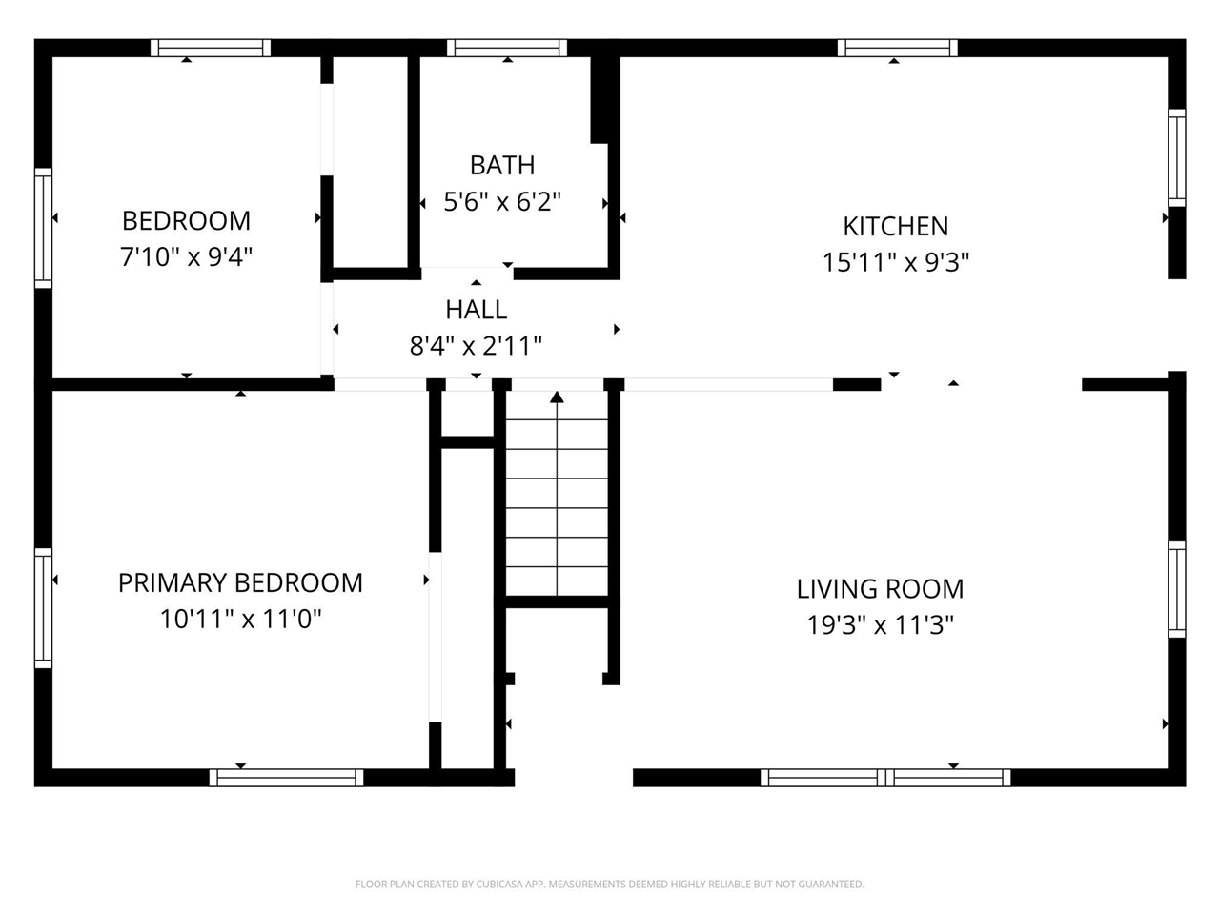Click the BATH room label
[502, 165]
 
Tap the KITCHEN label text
[895, 226]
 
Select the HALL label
[477, 310]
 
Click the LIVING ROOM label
[880, 589]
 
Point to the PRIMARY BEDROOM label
[240, 582]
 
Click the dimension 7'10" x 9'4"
[186, 256]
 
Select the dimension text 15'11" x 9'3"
[895, 262]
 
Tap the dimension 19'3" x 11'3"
[880, 625]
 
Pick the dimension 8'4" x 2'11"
[476, 346]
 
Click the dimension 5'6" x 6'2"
[502, 201]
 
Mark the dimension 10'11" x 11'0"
[241, 619]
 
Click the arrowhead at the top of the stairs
[557, 396]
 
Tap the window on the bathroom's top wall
[507, 48]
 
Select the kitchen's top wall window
[898, 48]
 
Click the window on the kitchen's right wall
[1177, 158]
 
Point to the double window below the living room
[885, 778]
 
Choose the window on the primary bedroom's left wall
[43, 608]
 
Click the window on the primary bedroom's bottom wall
[286, 778]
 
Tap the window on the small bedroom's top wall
[211, 48]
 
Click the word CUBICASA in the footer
[498, 884]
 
